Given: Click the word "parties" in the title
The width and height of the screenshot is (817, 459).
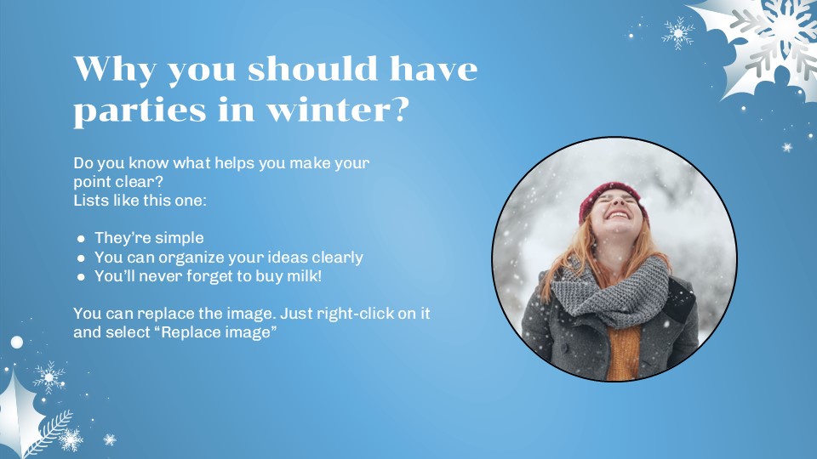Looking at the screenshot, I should pyautogui.click(x=136, y=111).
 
